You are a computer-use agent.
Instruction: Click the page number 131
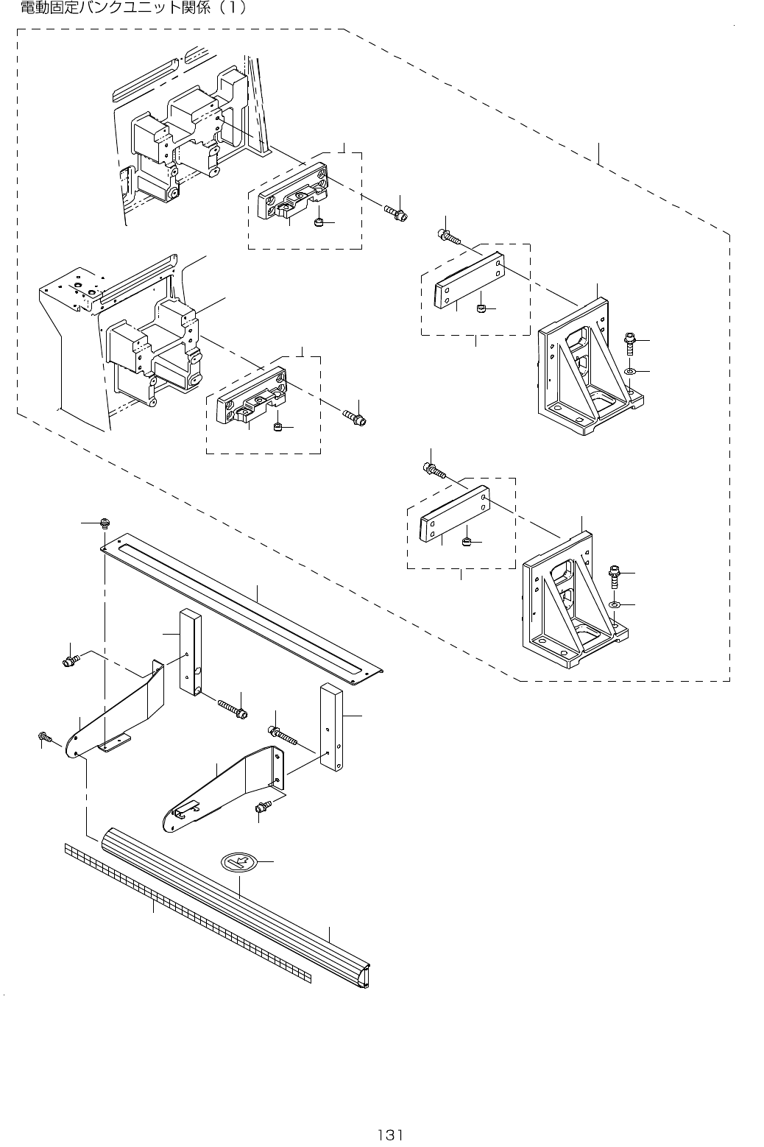[x=390, y=1134]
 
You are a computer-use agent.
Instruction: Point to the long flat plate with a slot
[x=243, y=604]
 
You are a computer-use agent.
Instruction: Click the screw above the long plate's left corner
[x=104, y=523]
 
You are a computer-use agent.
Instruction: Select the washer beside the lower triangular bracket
[x=615, y=605]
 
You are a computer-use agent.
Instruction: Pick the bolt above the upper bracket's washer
[x=629, y=341]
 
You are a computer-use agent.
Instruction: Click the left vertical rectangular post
[x=191, y=652]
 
